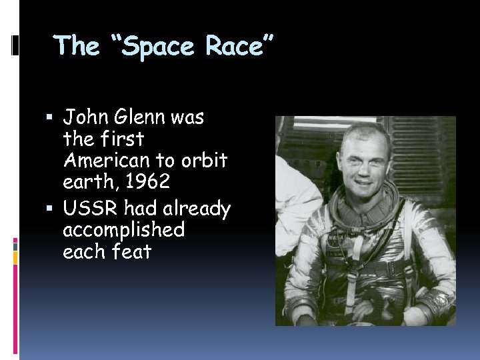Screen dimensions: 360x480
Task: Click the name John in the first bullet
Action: tap(85, 117)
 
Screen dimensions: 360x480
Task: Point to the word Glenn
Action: tap(139, 117)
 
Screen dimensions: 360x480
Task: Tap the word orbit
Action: tap(205, 161)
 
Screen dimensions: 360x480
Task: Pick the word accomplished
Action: tap(123, 230)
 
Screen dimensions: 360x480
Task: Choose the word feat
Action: tap(133, 252)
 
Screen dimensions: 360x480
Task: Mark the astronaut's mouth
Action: tap(362, 180)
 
